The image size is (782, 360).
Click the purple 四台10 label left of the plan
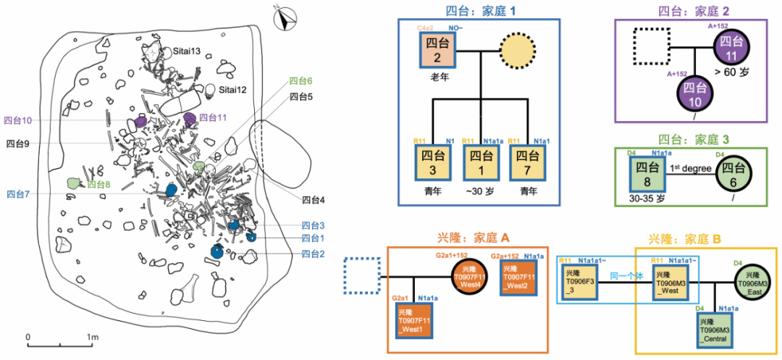[19, 120]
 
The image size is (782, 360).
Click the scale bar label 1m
[92, 338]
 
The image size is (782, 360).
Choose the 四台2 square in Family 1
[435, 50]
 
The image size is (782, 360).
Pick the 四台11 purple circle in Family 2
[734, 51]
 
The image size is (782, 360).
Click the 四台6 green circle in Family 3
[736, 175]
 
